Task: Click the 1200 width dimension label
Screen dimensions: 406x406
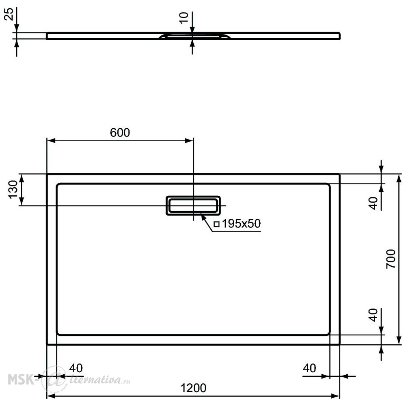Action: pos(193,388)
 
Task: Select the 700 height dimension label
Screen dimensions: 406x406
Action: pos(391,259)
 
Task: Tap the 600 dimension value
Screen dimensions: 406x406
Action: pos(120,133)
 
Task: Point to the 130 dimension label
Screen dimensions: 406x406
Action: pos(13,190)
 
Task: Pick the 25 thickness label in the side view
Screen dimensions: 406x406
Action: pos(9,14)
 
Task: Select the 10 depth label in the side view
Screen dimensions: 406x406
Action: pos(184,18)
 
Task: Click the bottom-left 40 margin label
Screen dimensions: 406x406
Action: pos(76,368)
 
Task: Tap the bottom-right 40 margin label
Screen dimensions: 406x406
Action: pos(309,368)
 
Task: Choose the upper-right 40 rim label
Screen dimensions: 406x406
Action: pos(374,203)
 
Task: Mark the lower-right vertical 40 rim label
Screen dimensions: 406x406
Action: pos(374,315)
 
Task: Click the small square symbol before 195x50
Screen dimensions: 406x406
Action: pos(216,224)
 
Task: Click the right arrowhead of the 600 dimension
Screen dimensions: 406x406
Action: pos(189,140)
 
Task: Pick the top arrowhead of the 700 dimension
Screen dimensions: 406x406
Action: pos(400,178)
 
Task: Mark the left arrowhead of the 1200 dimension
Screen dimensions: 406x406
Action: pos(51,396)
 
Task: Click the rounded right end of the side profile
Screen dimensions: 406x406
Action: pos(339,36)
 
